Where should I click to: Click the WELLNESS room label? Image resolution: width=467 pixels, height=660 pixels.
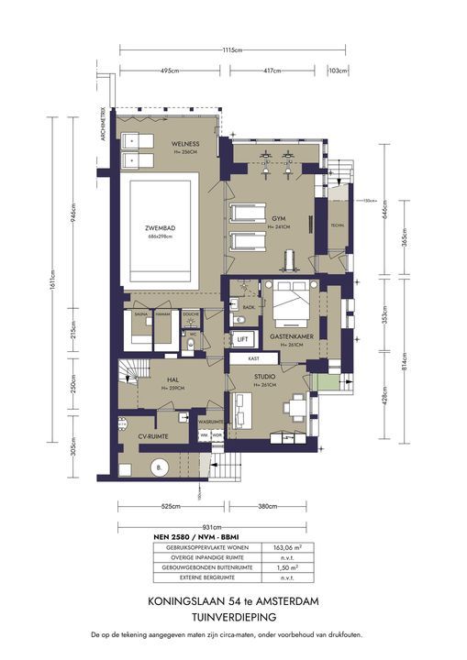click(184, 145)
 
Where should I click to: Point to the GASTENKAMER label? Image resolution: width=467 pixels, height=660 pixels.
click(292, 337)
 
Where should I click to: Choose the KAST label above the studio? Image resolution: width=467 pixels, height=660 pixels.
click(253, 359)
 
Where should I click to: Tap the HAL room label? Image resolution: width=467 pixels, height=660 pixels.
click(172, 379)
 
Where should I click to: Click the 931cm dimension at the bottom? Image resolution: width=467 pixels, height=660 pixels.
click(211, 527)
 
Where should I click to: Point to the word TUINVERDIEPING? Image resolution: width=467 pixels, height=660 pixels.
click(233, 619)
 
